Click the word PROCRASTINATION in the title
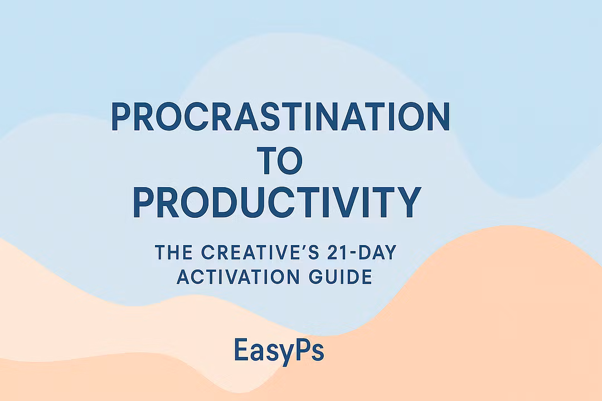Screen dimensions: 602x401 click(x=280, y=116)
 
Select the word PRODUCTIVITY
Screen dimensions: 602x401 click(x=277, y=202)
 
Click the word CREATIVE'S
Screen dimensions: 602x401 click(x=260, y=252)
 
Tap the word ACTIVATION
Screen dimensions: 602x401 click(x=238, y=277)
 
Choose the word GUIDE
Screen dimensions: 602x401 click(x=341, y=277)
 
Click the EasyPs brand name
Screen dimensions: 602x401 click(x=279, y=350)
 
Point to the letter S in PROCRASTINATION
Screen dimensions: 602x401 click(x=269, y=116)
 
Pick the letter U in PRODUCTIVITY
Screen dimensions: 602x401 click(x=252, y=203)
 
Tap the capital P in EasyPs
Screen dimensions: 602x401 click(x=298, y=349)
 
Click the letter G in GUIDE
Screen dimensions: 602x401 click(x=316, y=277)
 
